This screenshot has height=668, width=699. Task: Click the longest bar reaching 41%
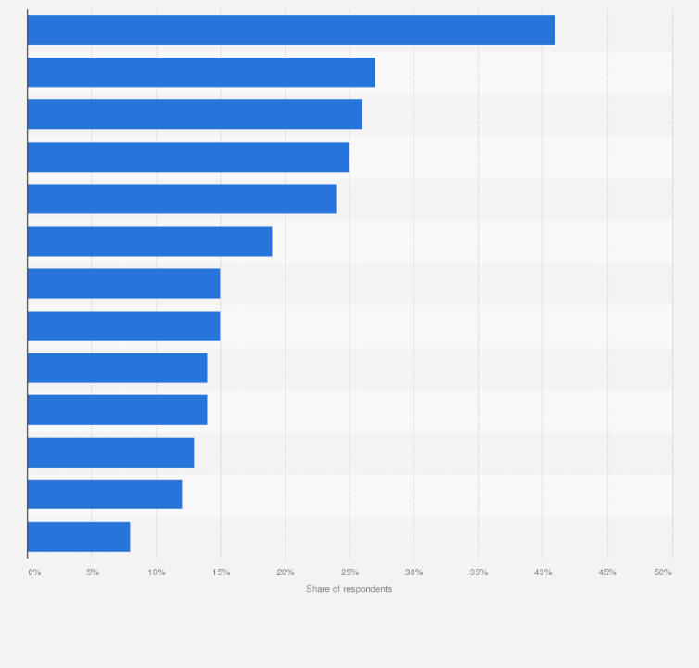[291, 30]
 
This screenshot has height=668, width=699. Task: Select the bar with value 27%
[201, 72]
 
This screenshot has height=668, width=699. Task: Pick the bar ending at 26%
[195, 114]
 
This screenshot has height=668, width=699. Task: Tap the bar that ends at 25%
[188, 157]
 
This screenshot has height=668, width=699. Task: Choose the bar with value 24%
[182, 199]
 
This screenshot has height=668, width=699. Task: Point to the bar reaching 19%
[149, 241]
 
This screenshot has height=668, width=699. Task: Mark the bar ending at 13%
[110, 452]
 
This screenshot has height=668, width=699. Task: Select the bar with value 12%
[105, 495]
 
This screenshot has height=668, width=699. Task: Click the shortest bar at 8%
[79, 536]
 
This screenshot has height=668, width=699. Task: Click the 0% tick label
[34, 572]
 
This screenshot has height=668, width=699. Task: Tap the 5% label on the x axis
[93, 572]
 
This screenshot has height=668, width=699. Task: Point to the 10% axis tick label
[157, 572]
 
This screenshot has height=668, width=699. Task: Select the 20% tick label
[286, 572]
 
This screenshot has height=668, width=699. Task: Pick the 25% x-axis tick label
[349, 572]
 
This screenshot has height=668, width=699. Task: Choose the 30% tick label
[414, 572]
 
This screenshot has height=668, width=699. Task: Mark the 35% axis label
[478, 572]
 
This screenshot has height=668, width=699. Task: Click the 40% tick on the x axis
[543, 572]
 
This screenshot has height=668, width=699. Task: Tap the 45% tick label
[607, 572]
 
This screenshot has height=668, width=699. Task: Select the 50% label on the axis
[663, 572]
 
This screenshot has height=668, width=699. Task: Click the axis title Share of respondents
[349, 590]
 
